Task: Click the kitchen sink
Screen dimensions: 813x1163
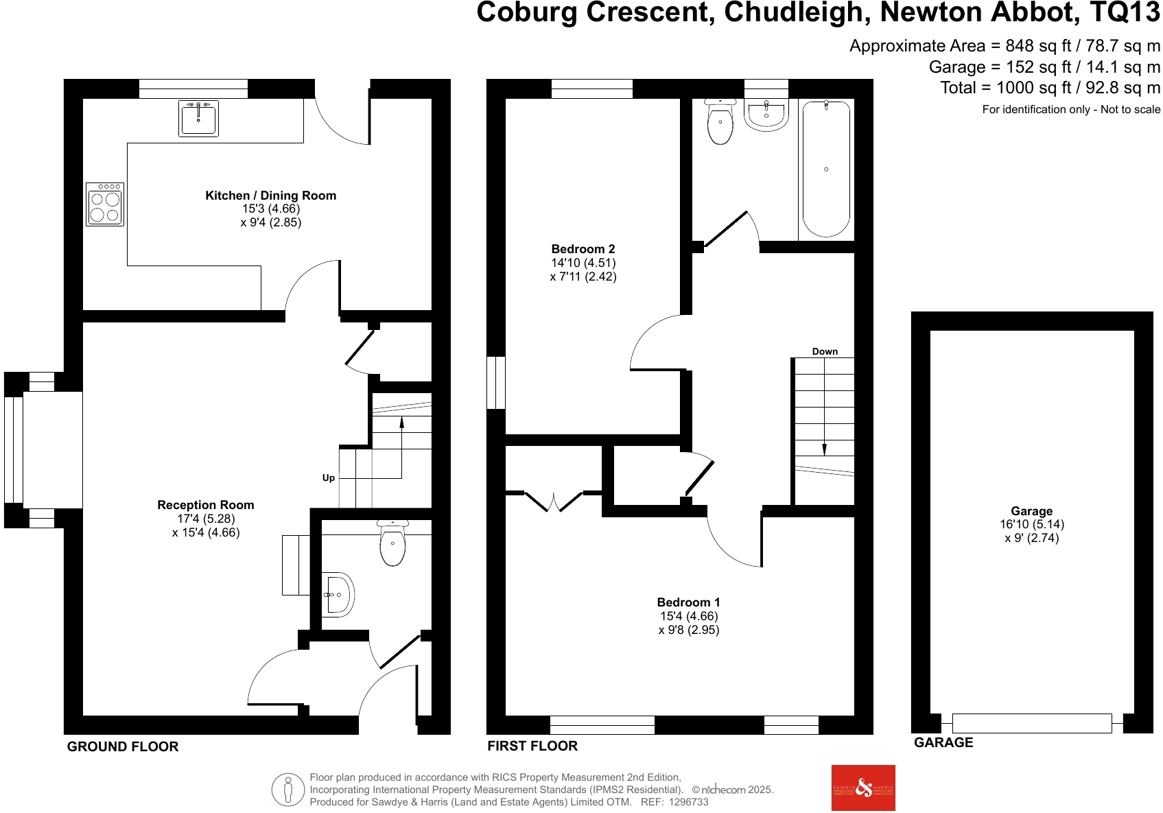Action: coord(198,119)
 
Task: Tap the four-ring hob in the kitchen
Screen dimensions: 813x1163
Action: coord(105,204)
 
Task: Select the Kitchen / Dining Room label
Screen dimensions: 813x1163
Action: coord(271,196)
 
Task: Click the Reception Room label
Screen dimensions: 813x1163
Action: coord(206,505)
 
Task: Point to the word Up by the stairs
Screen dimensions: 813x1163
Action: coord(329,478)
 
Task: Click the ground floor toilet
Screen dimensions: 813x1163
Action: coord(392,544)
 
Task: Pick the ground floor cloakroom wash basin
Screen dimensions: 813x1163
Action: coord(338,595)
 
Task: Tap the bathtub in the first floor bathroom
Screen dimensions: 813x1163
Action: coord(826,169)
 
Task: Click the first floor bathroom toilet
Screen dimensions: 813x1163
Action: coord(720,122)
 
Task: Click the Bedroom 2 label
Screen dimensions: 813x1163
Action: coord(583,249)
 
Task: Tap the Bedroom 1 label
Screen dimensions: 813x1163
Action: coord(689,602)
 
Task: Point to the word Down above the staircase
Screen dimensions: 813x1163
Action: coord(825,351)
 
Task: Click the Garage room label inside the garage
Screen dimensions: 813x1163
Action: coord(1031,511)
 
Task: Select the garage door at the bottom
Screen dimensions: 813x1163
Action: coord(1031,723)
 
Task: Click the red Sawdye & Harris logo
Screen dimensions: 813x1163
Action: coord(863,788)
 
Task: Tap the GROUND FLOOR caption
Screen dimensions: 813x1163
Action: coord(123,746)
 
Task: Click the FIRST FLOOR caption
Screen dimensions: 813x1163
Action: coord(532,746)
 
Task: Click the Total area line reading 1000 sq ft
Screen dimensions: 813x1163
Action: coord(1050,88)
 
